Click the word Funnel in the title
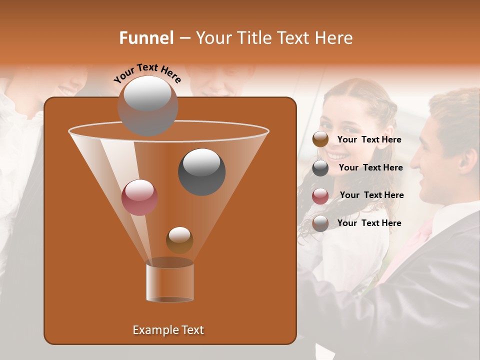click(146, 38)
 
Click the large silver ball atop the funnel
click(147, 105)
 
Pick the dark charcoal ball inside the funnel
click(201, 171)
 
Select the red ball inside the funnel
click(139, 197)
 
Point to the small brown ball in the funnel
click(179, 239)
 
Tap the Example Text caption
click(168, 330)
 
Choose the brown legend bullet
click(320, 139)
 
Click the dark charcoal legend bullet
click(320, 168)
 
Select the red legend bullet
click(320, 196)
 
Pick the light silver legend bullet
click(320, 223)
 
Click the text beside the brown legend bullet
click(369, 140)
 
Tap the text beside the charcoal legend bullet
click(370, 168)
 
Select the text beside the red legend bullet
click(371, 195)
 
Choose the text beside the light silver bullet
click(369, 223)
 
